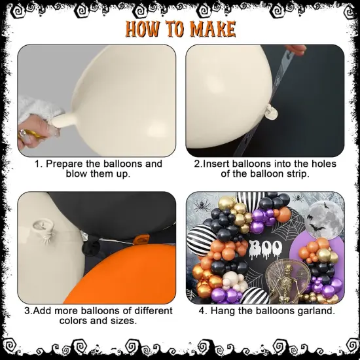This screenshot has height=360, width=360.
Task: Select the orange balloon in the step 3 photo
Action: point(131,275)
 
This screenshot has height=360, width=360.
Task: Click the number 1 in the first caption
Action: point(38,164)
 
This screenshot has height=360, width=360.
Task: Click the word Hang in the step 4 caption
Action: point(234,311)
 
